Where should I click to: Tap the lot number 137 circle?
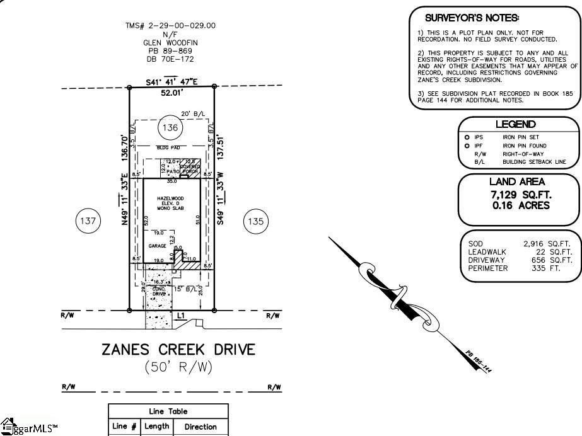[88, 221]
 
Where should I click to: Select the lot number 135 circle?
[255, 221]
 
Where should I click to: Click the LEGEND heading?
[515, 125]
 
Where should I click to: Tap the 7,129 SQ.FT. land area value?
[519, 194]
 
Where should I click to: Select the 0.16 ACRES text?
[520, 205]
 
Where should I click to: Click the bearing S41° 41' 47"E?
[172, 81]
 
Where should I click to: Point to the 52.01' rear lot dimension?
[172, 93]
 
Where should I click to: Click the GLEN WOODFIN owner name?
[170, 43]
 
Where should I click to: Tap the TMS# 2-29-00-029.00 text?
[170, 26]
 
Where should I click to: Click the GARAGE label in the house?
[158, 246]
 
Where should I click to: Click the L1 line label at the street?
[180, 315]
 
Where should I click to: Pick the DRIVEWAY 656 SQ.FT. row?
[520, 260]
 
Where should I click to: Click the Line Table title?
[168, 411]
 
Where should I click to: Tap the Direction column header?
[200, 427]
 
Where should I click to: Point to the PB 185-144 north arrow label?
[479, 362]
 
